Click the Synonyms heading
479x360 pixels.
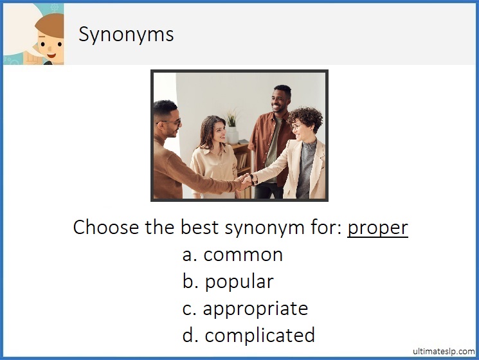(x=126, y=33)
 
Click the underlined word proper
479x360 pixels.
(x=377, y=228)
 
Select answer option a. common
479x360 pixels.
(x=233, y=255)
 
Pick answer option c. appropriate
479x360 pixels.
(x=245, y=309)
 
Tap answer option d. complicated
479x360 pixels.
(x=249, y=335)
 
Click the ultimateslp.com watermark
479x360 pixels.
(x=442, y=351)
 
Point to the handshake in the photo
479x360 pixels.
(x=246, y=181)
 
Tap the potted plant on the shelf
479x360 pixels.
(x=232, y=126)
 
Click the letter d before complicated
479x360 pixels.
(x=189, y=335)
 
